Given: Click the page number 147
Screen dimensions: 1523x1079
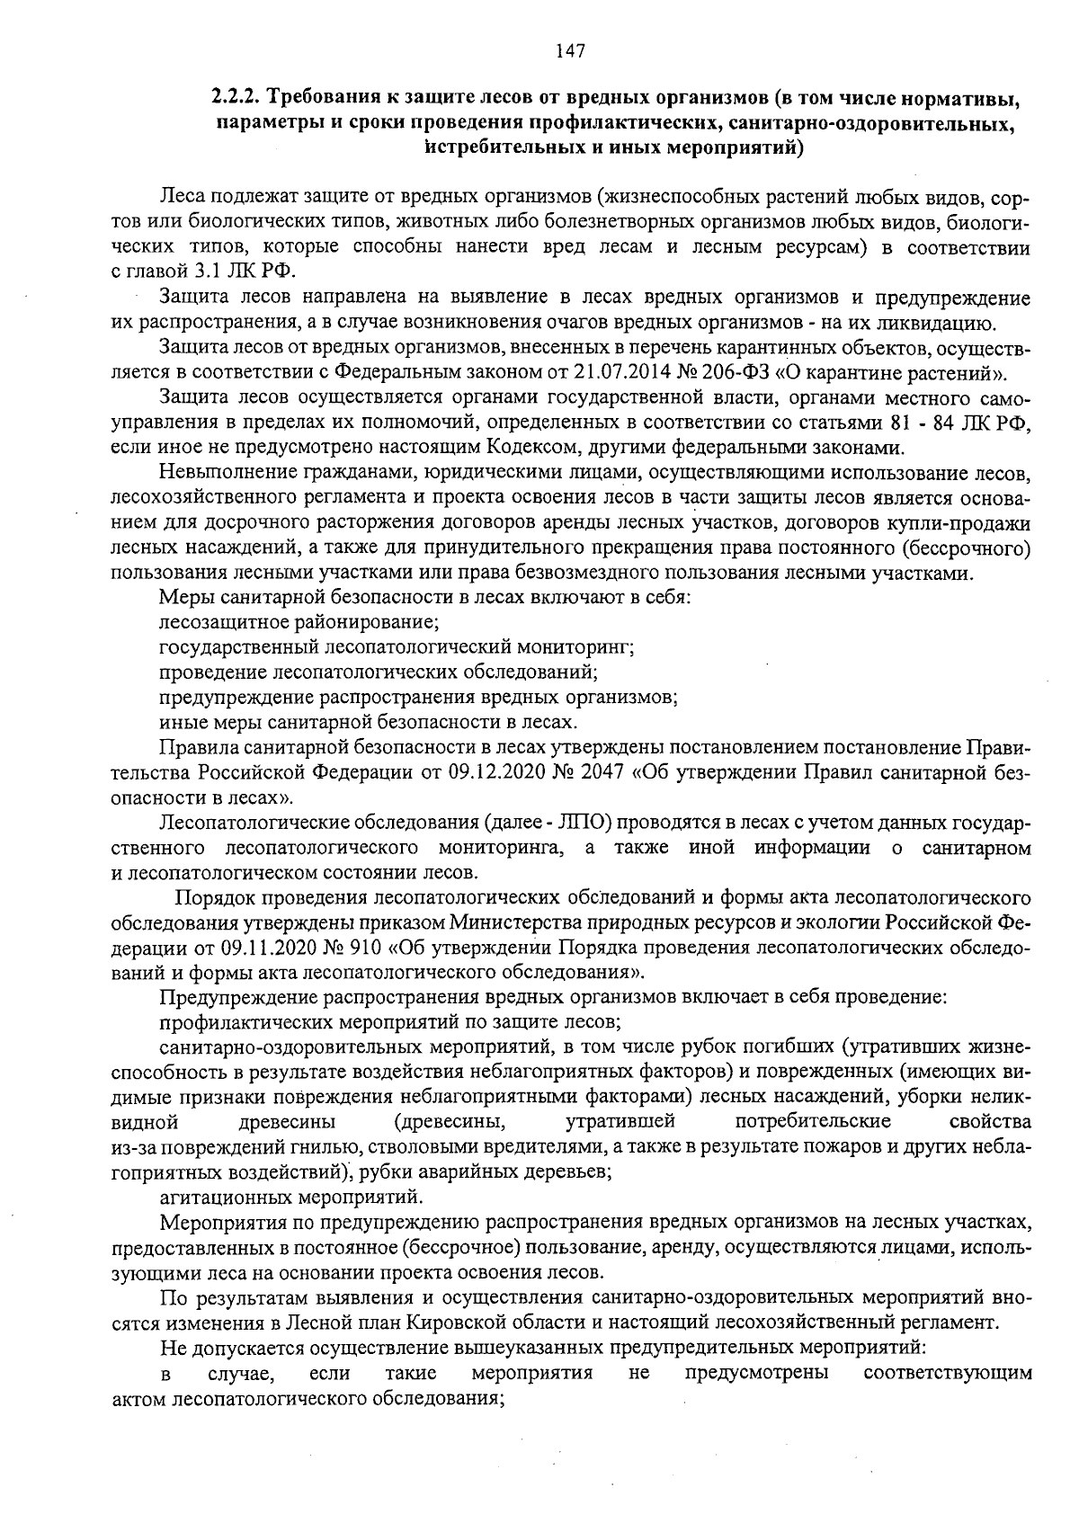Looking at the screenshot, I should point(570,51).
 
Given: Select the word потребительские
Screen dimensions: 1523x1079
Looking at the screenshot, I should point(813,1122).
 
